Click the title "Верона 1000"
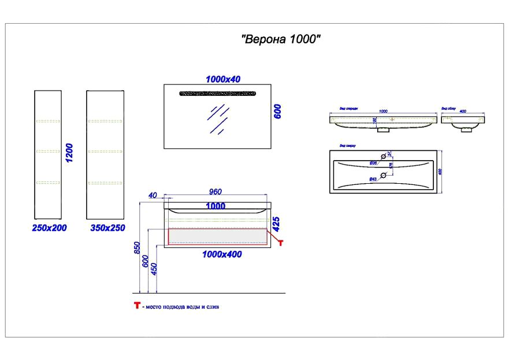tap(281, 40)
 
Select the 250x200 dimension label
tap(49, 228)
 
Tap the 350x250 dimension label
tap(107, 228)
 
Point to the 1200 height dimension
tap(70, 154)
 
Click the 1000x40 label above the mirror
tap(223, 79)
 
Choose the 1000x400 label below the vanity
tap(222, 254)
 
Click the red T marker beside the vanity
tap(281, 243)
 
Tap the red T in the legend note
tap(137, 306)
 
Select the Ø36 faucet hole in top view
tap(382, 157)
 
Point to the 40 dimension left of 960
tap(153, 195)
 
